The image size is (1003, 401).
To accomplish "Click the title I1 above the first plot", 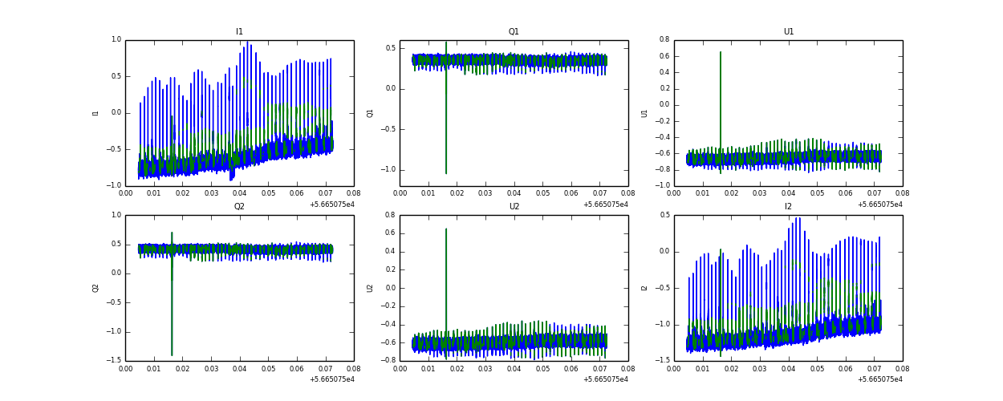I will [x=239, y=32].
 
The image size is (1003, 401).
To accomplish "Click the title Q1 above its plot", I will [x=514, y=32].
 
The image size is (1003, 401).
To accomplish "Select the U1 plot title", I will [x=789, y=32].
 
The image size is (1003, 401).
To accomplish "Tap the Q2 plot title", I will [x=239, y=207].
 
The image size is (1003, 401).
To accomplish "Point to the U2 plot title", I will [x=514, y=207].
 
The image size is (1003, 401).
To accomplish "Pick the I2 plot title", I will [x=789, y=207].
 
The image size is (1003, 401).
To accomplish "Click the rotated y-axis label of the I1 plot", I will [x=95, y=113].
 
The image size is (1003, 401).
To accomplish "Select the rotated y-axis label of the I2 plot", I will [x=644, y=288].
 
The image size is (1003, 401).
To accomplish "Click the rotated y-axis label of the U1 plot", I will [x=644, y=113].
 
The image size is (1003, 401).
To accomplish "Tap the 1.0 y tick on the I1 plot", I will [x=116, y=40].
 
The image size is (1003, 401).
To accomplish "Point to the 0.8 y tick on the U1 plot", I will [x=664, y=40].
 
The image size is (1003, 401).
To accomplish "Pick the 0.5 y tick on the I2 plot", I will [x=664, y=215].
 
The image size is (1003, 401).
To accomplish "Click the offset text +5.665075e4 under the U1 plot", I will [x=880, y=205].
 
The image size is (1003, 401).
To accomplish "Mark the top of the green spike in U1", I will [x=721, y=52].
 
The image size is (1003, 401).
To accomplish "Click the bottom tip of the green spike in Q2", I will [x=172, y=354].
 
